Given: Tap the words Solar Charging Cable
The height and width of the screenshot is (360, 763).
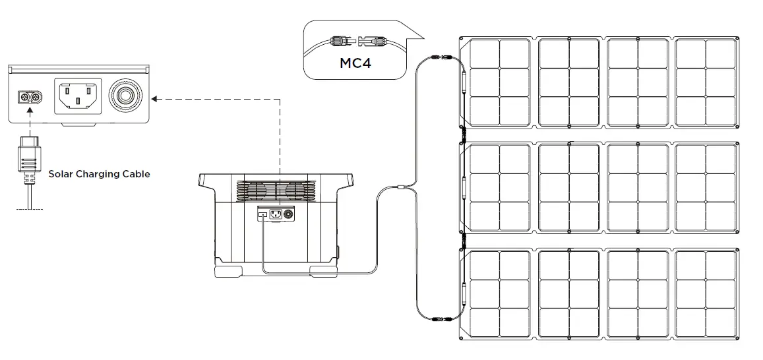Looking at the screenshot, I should (99, 174).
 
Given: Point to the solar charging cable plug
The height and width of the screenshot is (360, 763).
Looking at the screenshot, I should (29, 158).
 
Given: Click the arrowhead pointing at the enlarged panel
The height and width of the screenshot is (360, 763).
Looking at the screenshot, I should (154, 100).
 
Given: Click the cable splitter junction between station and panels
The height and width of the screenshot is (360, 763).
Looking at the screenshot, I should (401, 189).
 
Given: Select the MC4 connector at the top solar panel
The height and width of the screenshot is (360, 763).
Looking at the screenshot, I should (439, 59).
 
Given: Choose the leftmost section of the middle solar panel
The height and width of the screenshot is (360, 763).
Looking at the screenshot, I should (499, 188).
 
